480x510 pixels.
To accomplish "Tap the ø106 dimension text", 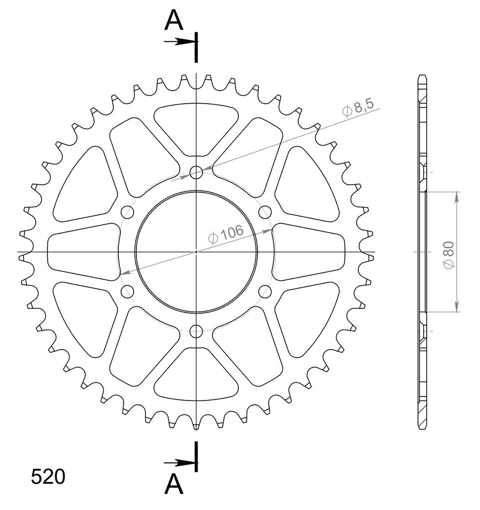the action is point(226,234).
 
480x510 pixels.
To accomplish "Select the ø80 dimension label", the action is point(449,255).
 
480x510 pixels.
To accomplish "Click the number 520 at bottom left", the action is point(48,477).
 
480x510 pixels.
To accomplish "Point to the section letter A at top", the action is point(174,19).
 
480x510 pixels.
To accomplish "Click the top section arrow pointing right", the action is point(180,42).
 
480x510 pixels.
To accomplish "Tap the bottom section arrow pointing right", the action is point(180,463).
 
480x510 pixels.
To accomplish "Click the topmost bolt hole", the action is point(196,172).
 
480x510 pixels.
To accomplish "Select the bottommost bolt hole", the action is point(196,331).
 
